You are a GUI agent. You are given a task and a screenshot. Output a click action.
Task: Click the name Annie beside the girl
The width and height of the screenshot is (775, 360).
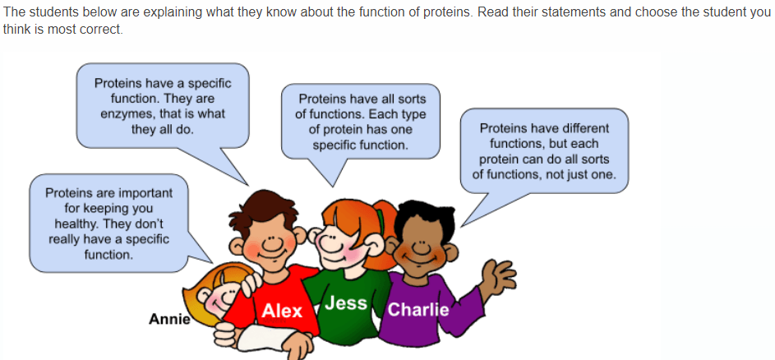(169, 320)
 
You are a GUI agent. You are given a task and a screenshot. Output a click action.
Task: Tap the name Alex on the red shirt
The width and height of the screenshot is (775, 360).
(282, 311)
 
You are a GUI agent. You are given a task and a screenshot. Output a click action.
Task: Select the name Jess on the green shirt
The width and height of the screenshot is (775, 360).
(346, 302)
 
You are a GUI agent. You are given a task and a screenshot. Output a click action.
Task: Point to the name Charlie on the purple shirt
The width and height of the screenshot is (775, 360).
(418, 309)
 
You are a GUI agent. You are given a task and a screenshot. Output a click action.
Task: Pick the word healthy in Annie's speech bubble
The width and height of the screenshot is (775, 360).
(75, 224)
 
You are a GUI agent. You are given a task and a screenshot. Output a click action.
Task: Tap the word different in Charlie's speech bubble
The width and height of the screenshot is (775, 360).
(585, 128)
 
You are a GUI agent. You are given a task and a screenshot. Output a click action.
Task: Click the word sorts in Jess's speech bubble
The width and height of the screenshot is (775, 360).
(412, 99)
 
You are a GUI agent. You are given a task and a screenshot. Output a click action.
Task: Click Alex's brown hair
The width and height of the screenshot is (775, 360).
(262, 209)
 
